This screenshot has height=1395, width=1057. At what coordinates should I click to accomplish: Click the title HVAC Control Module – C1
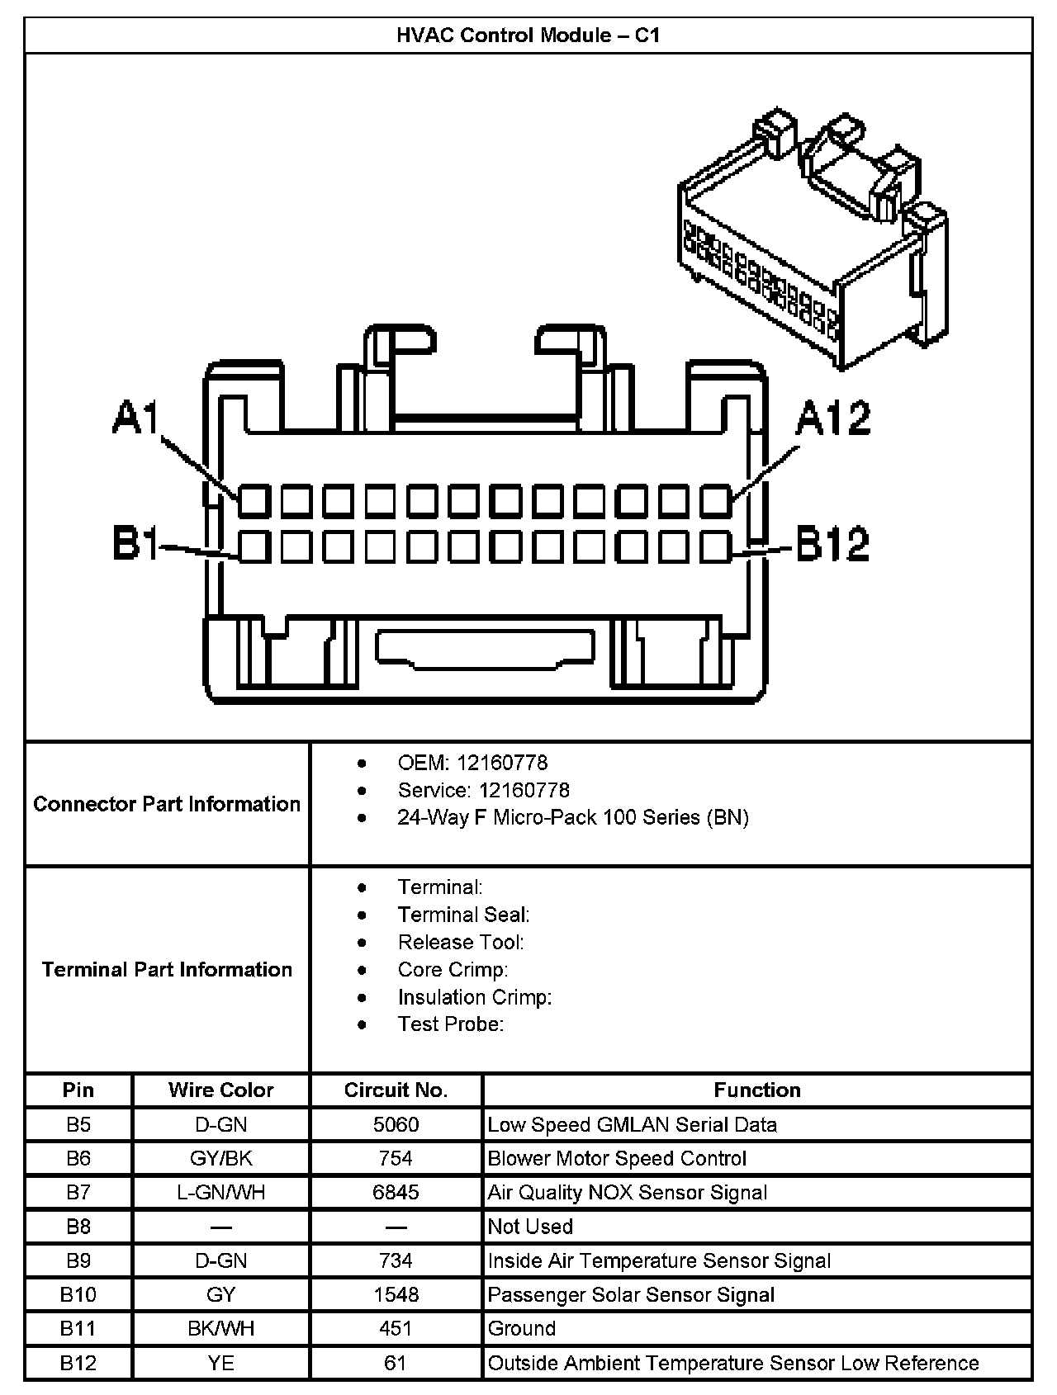(x=528, y=35)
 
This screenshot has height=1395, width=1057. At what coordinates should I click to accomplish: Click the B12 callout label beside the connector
(x=832, y=544)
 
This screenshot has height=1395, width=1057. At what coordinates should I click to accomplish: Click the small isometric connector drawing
(x=813, y=239)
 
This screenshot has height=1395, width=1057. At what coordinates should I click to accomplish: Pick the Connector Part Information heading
(x=167, y=804)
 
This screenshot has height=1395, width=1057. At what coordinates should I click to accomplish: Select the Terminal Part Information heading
(x=167, y=969)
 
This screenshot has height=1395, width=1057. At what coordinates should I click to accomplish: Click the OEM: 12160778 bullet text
(x=472, y=763)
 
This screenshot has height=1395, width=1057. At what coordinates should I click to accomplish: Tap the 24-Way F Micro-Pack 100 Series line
(x=573, y=817)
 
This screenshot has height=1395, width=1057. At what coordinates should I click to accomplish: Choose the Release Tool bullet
(x=461, y=942)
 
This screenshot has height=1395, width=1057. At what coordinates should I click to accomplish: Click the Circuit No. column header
(x=396, y=1090)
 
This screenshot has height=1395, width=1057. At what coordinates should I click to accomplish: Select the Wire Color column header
(x=220, y=1090)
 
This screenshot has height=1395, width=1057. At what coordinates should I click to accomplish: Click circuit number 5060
(x=396, y=1124)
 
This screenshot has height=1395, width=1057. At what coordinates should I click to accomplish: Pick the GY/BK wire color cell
(x=220, y=1158)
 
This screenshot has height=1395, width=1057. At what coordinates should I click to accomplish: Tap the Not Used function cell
(x=530, y=1226)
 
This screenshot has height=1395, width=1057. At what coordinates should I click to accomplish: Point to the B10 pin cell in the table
(x=78, y=1294)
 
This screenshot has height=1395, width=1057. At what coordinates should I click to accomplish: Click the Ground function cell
(x=522, y=1328)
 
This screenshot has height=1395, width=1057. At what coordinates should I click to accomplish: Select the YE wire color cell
(x=220, y=1362)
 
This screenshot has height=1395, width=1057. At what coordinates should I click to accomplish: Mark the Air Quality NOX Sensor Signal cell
(x=628, y=1192)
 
